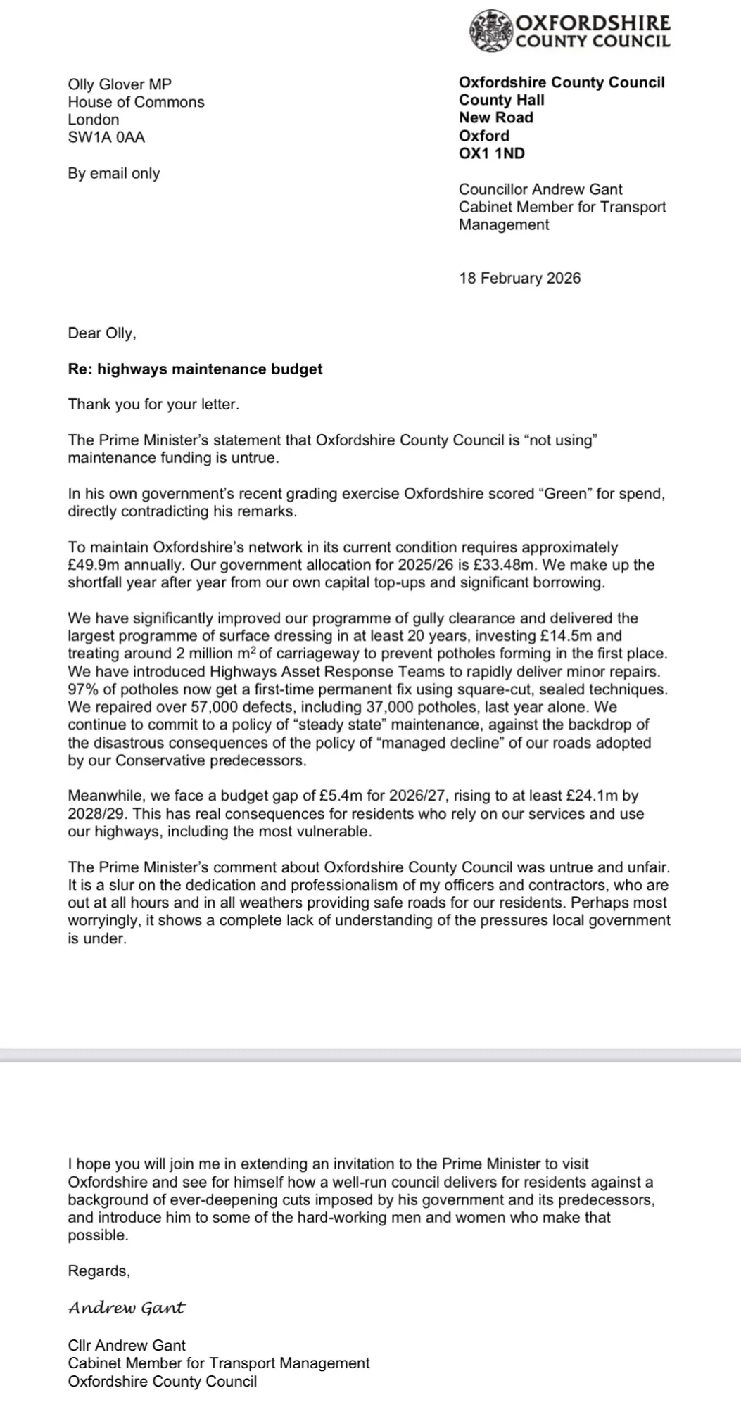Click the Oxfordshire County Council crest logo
491,31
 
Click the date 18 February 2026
520,278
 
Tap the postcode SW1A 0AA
106,137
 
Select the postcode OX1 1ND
492,153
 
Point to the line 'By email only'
114,173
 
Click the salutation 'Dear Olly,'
102,333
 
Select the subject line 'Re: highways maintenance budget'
195,369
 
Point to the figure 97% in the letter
82,689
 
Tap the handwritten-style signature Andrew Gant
127,1309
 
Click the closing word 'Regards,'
99,1271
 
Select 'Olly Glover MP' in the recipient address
120,84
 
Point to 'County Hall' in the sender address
502,100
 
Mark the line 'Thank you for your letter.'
153,405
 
